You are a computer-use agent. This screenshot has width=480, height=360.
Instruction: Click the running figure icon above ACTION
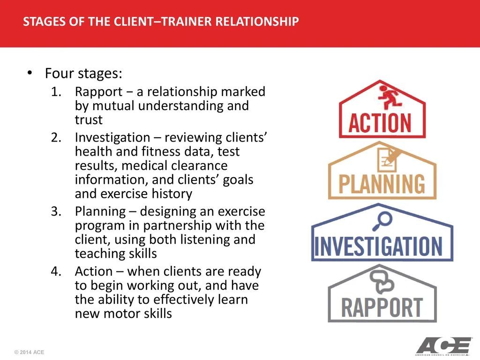389,97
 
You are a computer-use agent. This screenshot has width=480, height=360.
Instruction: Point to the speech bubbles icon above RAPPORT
382,282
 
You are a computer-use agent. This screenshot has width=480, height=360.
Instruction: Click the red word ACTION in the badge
380,123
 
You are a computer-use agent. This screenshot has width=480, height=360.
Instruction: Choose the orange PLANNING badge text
382,184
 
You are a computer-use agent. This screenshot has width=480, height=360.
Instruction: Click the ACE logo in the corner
443,346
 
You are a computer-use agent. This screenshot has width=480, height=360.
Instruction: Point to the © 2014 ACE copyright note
29,352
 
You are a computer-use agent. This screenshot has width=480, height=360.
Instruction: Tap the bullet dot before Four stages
30,73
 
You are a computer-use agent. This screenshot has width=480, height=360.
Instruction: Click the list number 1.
56,91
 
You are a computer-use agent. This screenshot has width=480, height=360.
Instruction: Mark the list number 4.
56,271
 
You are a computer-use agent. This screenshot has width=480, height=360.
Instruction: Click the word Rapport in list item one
98,92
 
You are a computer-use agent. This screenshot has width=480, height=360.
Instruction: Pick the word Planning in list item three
100,212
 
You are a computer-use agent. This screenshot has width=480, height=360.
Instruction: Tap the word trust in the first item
89,120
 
